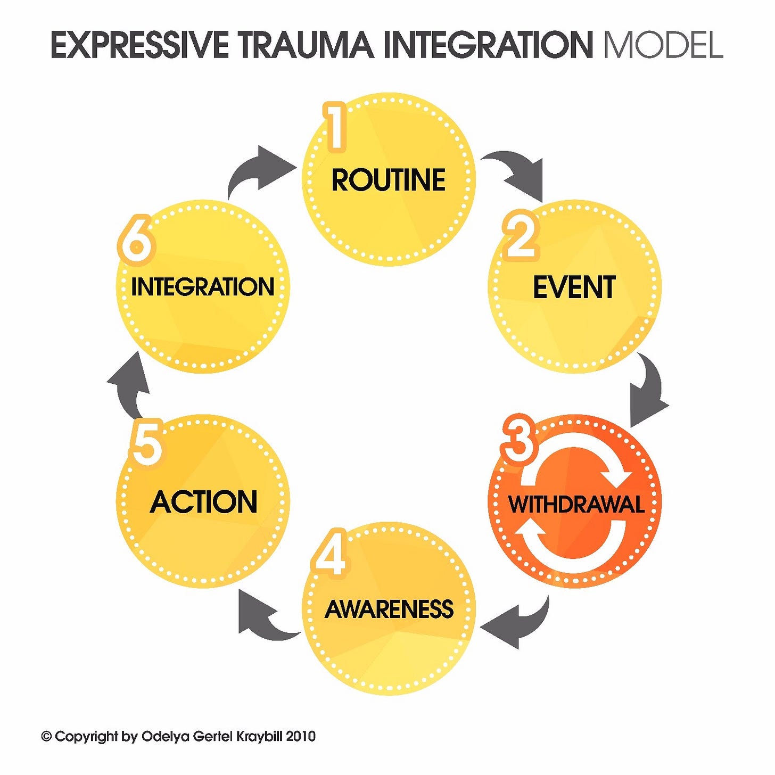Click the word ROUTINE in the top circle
click(388, 180)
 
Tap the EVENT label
click(574, 287)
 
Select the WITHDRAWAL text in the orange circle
click(576, 504)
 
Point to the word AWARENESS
click(389, 609)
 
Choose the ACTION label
click(204, 502)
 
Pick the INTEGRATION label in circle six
click(203, 287)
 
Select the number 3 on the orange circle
click(518, 440)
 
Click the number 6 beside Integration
click(136, 243)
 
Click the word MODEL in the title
click(663, 45)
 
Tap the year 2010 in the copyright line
click(301, 737)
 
